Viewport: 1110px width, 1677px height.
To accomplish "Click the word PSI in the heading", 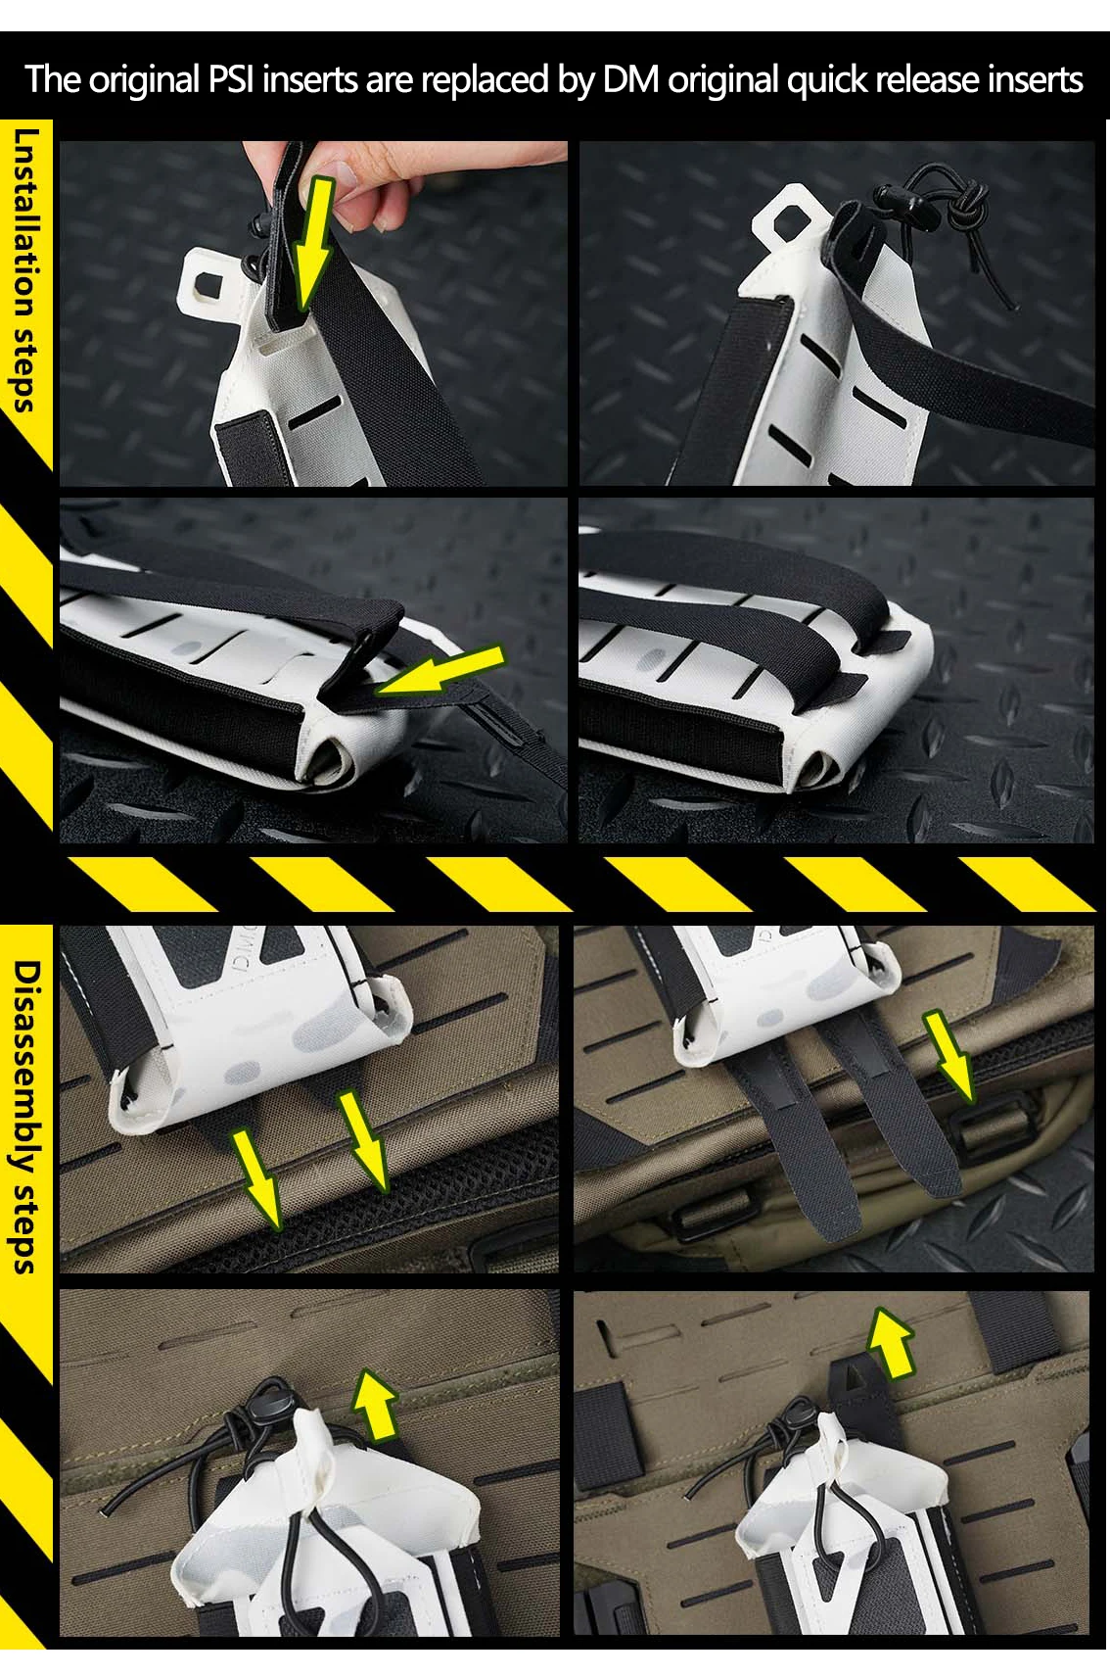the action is [230, 78].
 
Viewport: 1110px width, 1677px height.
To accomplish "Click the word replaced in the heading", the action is [485, 78].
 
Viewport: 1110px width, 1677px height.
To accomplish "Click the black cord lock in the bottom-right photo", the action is [808, 1409].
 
